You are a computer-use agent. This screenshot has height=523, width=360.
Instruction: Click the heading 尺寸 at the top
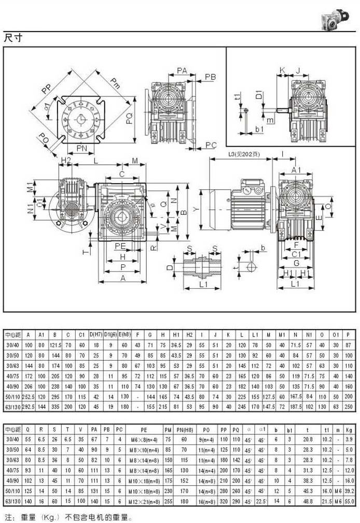[12, 38]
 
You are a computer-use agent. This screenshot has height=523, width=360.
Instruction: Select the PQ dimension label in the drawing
[130, 118]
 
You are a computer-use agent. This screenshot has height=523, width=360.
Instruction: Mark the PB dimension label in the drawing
[210, 77]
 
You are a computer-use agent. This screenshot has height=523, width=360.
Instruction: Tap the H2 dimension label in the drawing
[66, 159]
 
